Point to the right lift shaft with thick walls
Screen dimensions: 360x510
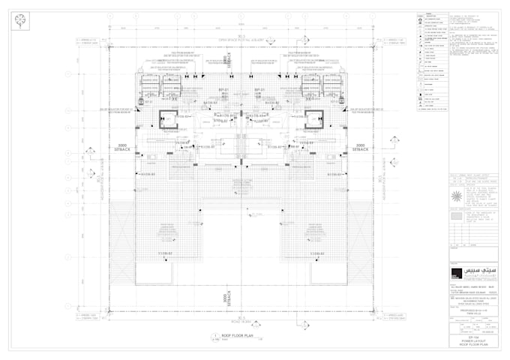(313, 118)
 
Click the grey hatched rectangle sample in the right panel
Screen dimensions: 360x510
(456, 217)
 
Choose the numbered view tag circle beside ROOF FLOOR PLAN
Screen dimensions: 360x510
(215, 336)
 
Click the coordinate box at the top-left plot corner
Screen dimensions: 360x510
(89, 41)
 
